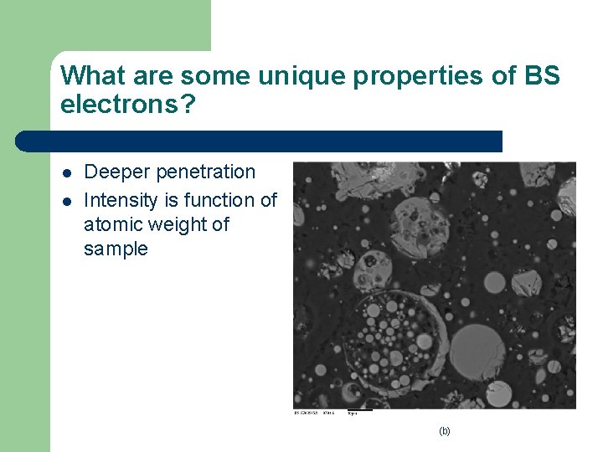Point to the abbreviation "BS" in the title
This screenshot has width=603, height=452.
click(542, 76)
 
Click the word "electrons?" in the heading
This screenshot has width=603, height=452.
click(125, 105)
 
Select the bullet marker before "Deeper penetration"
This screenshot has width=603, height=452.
click(65, 172)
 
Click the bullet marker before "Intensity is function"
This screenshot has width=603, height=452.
click(65, 201)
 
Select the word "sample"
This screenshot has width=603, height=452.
click(116, 249)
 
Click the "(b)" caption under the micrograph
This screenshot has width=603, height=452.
click(444, 431)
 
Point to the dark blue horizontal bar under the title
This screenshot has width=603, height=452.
click(260, 141)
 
